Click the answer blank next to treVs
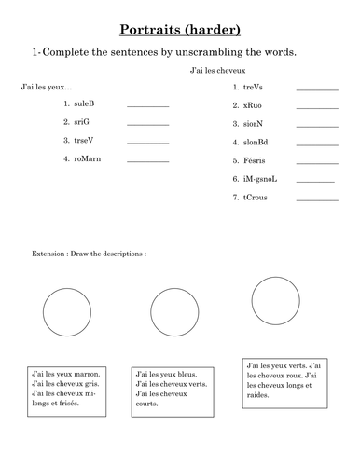[317, 88]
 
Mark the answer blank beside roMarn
[147, 161]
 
